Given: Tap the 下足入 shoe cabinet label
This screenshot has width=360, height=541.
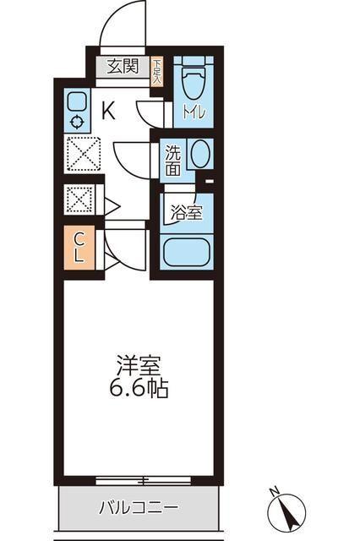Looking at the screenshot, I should [x=157, y=70].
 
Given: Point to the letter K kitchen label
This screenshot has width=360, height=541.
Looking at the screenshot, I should [x=108, y=109].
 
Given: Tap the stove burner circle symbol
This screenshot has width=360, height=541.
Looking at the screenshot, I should [x=76, y=122].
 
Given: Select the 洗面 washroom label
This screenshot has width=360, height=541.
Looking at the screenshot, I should [x=172, y=161].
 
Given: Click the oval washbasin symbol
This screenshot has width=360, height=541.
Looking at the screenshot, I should [x=200, y=155].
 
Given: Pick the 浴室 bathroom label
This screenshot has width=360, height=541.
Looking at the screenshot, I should [x=187, y=212].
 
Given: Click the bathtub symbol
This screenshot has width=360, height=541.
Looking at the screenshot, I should [x=186, y=251].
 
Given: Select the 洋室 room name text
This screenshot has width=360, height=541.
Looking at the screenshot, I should [x=139, y=367].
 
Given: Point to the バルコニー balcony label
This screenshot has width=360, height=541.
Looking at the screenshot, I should [x=139, y=508].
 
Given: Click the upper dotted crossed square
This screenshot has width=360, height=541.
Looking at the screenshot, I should [x=83, y=155].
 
